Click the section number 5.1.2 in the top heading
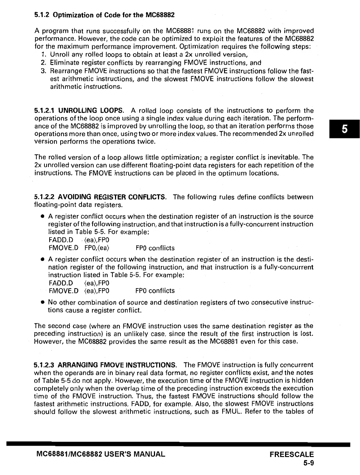(42, 15)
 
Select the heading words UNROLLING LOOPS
(91, 110)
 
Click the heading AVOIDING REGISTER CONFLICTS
(112, 197)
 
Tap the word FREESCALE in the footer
(292, 454)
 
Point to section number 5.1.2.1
(45, 110)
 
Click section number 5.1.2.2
(45, 197)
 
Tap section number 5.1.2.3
(45, 365)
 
